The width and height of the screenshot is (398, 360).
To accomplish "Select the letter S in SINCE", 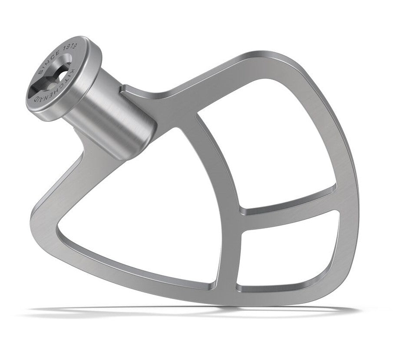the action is point(41,72).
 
